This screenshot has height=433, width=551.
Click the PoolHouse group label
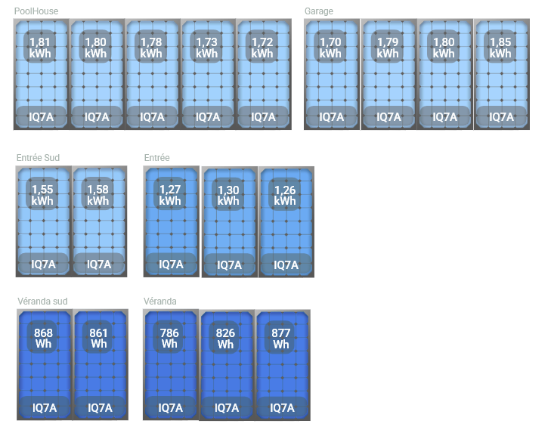pos(36,11)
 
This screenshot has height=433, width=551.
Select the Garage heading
pos(318,11)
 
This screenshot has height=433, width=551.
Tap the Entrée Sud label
pos(38,157)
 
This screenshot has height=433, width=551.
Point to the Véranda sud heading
pos(42,301)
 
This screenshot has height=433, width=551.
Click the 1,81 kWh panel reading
pos(39,48)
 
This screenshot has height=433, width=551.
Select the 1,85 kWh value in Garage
pos(500,48)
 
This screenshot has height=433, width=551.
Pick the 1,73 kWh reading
pos(207,48)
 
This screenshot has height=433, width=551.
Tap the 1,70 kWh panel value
pos(330,48)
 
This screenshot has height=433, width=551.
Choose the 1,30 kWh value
pos(228,195)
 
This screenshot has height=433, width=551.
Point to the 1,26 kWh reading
pos(285,195)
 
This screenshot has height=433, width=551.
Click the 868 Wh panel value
pos(44,338)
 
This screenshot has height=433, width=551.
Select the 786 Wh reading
pos(170,338)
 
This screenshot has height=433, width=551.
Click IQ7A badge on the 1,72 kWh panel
pos(263,117)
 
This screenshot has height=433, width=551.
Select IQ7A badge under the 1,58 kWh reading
pos(98,264)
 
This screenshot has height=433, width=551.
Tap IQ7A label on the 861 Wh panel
pos(100,407)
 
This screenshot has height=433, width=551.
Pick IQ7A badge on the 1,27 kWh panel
pos(171,264)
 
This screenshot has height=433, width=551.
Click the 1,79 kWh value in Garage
pos(388,48)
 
